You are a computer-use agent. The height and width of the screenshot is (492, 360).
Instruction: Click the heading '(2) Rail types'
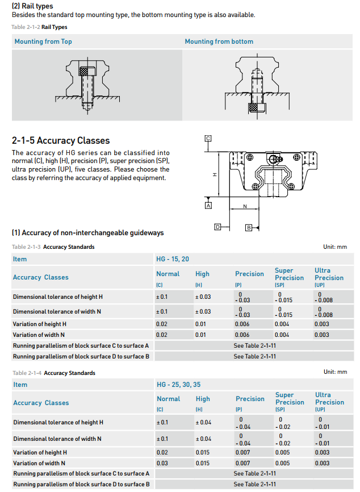pyautogui.click(x=32, y=6)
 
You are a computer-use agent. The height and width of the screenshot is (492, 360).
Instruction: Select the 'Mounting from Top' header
pyautogui.click(x=43, y=41)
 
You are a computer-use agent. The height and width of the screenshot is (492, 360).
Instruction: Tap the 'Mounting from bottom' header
pyautogui.click(x=219, y=41)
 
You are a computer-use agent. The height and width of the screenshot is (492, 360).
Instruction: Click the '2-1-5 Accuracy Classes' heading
pyautogui.click(x=61, y=140)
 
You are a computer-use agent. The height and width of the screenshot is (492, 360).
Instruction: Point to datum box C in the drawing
pyautogui.click(x=208, y=138)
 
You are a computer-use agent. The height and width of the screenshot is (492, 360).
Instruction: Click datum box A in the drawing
pyautogui.click(x=208, y=205)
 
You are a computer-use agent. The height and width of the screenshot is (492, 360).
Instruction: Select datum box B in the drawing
pyautogui.click(x=248, y=228)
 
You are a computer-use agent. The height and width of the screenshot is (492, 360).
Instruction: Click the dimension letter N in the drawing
pyautogui.click(x=245, y=207)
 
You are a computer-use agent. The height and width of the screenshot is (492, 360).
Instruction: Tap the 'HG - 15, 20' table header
pyautogui.click(x=173, y=259)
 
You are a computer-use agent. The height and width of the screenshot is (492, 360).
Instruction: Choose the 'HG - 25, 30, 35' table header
pyautogui.click(x=178, y=385)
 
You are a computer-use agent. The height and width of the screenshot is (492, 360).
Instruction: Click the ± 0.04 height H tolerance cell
pyautogui.click(x=203, y=422)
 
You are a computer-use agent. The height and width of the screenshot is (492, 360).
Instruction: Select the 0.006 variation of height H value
pyautogui.click(x=242, y=324)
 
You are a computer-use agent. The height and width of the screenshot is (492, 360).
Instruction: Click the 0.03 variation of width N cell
pyautogui.click(x=162, y=463)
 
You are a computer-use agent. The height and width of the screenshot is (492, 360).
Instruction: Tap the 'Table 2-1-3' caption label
pyautogui.click(x=26, y=247)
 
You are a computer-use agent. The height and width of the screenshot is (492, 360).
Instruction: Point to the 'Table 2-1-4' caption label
pyautogui.click(x=27, y=373)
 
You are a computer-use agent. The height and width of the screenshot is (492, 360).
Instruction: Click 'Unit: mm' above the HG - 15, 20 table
pyautogui.click(x=335, y=247)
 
